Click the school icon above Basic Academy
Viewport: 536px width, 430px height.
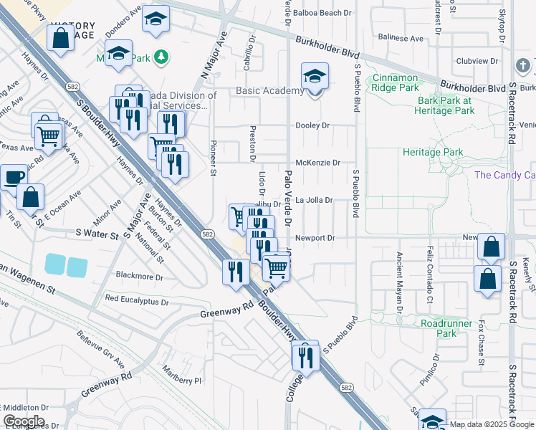314,76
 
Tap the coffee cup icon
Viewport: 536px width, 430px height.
12,178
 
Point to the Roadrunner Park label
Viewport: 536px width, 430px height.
447,328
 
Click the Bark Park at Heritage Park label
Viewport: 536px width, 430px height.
446,105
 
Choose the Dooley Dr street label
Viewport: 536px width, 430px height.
313,125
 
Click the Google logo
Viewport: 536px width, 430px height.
24,421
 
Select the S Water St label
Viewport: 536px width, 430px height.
97,234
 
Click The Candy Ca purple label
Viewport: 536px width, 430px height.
504,176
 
